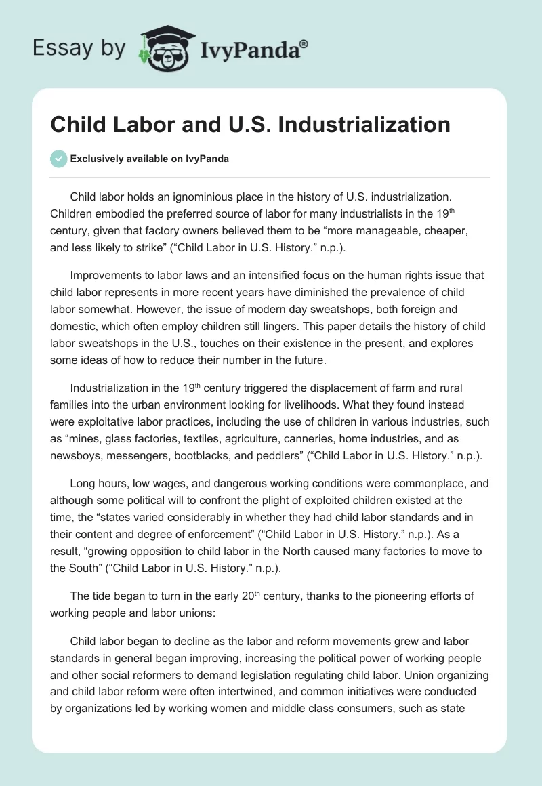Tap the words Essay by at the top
point(79,48)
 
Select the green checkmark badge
point(58,159)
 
